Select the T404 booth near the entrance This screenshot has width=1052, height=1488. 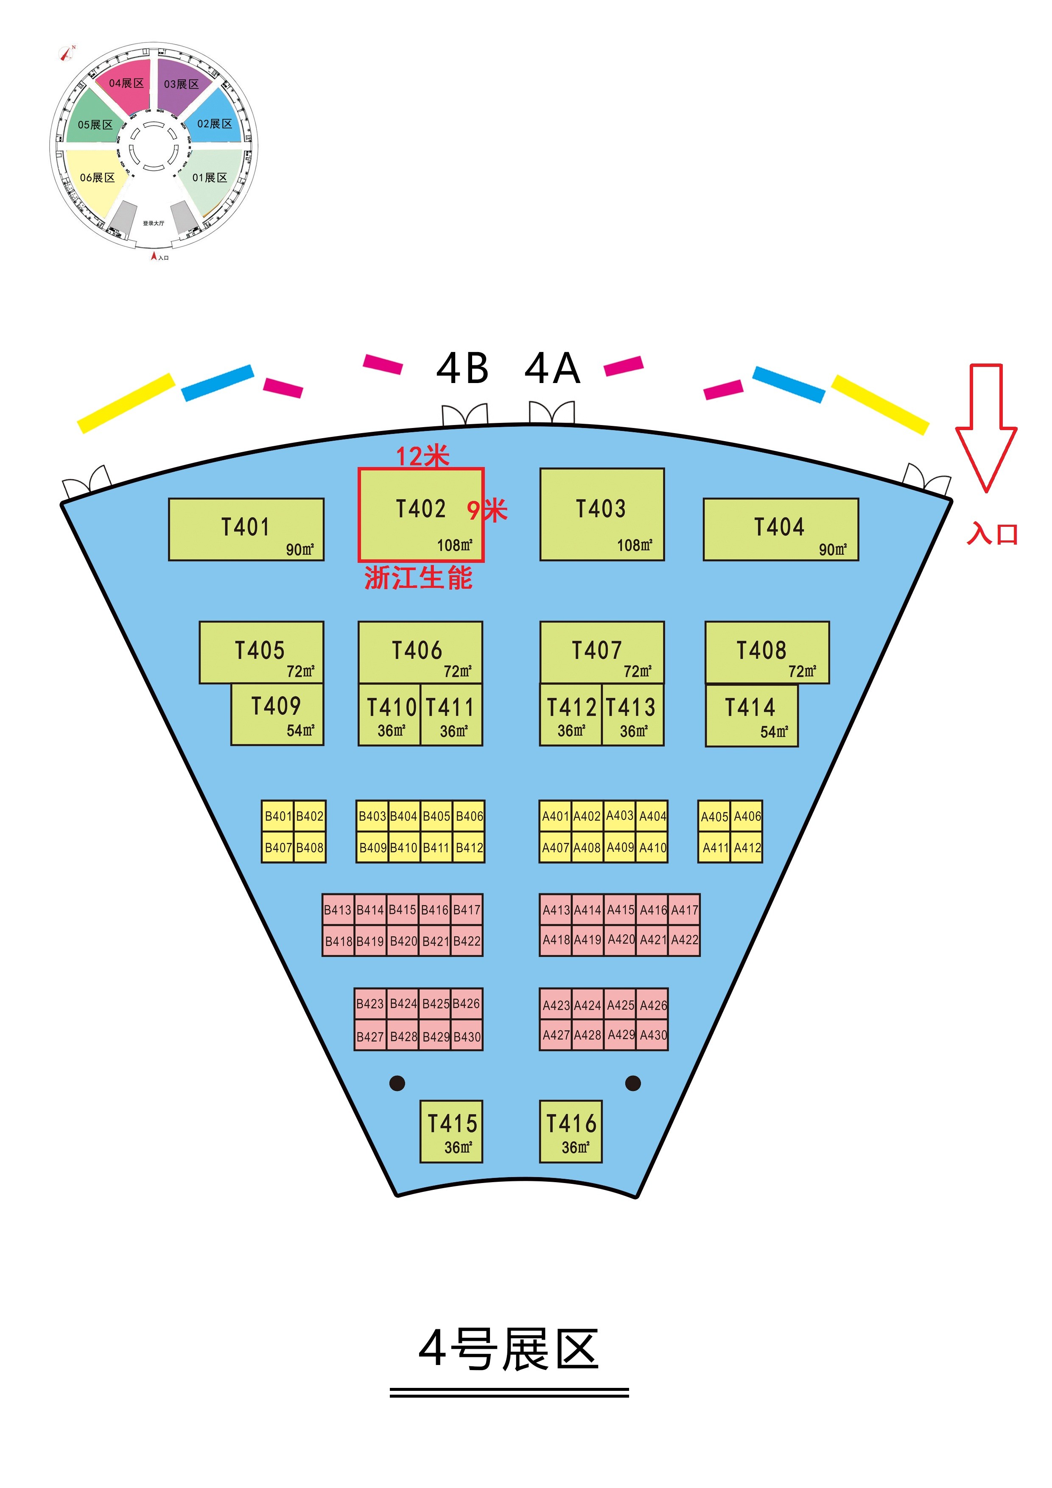click(781, 529)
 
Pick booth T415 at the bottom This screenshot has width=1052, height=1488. click(451, 1131)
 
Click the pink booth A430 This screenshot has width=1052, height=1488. click(653, 1035)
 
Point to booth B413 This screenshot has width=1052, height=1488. click(338, 910)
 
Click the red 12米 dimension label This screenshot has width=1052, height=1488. click(422, 456)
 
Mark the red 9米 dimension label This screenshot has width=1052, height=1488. click(487, 511)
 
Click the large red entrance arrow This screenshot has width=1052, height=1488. click(986, 427)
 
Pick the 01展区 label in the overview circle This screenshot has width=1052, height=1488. click(210, 178)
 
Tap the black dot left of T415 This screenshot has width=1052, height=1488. click(397, 1083)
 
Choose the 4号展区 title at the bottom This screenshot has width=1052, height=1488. click(509, 1349)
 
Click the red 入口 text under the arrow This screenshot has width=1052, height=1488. click(992, 534)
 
